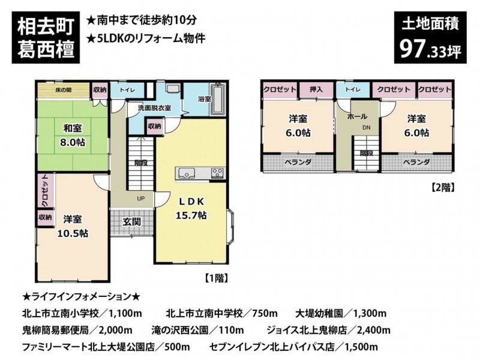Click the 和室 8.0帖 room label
73,135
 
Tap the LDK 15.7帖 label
191,208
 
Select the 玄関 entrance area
131,222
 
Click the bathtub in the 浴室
218,100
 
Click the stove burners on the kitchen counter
217,173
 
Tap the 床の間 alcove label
64,90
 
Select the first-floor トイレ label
127,90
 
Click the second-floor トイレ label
353,89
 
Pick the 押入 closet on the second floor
316,90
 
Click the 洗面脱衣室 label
154,108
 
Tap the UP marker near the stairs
140,199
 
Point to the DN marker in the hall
367,128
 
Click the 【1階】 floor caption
217,278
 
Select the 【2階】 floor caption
443,187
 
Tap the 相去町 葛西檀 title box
46,38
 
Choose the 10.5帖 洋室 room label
73,226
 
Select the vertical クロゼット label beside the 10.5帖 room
45,191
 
